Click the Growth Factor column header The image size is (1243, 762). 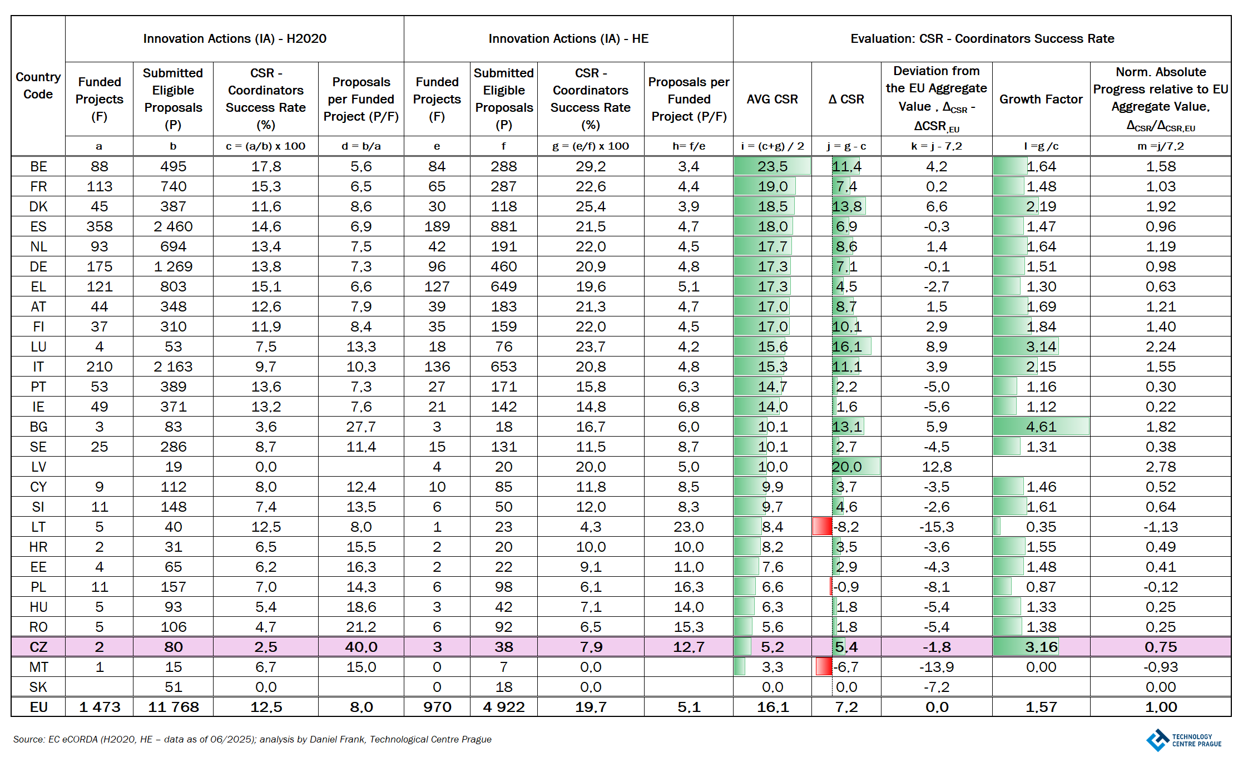pyautogui.click(x=1041, y=99)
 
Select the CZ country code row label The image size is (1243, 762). pyautogui.click(x=38, y=647)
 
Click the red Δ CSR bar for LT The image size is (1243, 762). pyautogui.click(x=822, y=526)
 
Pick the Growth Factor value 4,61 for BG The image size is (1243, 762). pyautogui.click(x=1041, y=427)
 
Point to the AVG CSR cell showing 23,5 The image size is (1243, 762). pyautogui.click(x=772, y=166)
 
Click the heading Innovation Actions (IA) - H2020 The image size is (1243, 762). pyautogui.click(x=235, y=38)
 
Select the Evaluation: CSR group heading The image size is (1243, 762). pyautogui.click(x=982, y=38)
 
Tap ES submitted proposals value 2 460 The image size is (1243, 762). pyautogui.click(x=173, y=226)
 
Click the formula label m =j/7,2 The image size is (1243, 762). pyautogui.click(x=1160, y=146)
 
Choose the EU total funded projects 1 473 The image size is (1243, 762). pyautogui.click(x=100, y=707)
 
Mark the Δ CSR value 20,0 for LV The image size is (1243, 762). pyautogui.click(x=846, y=467)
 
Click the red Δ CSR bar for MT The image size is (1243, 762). pyautogui.click(x=824, y=666)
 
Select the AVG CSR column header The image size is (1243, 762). pyautogui.click(x=772, y=99)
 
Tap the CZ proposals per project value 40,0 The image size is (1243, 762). pyautogui.click(x=361, y=647)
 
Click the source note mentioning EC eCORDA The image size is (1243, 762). pyautogui.click(x=252, y=739)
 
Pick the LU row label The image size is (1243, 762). pyautogui.click(x=38, y=347)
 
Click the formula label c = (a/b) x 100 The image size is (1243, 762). pyautogui.click(x=265, y=146)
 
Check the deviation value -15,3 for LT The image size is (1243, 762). pyautogui.click(x=937, y=527)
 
